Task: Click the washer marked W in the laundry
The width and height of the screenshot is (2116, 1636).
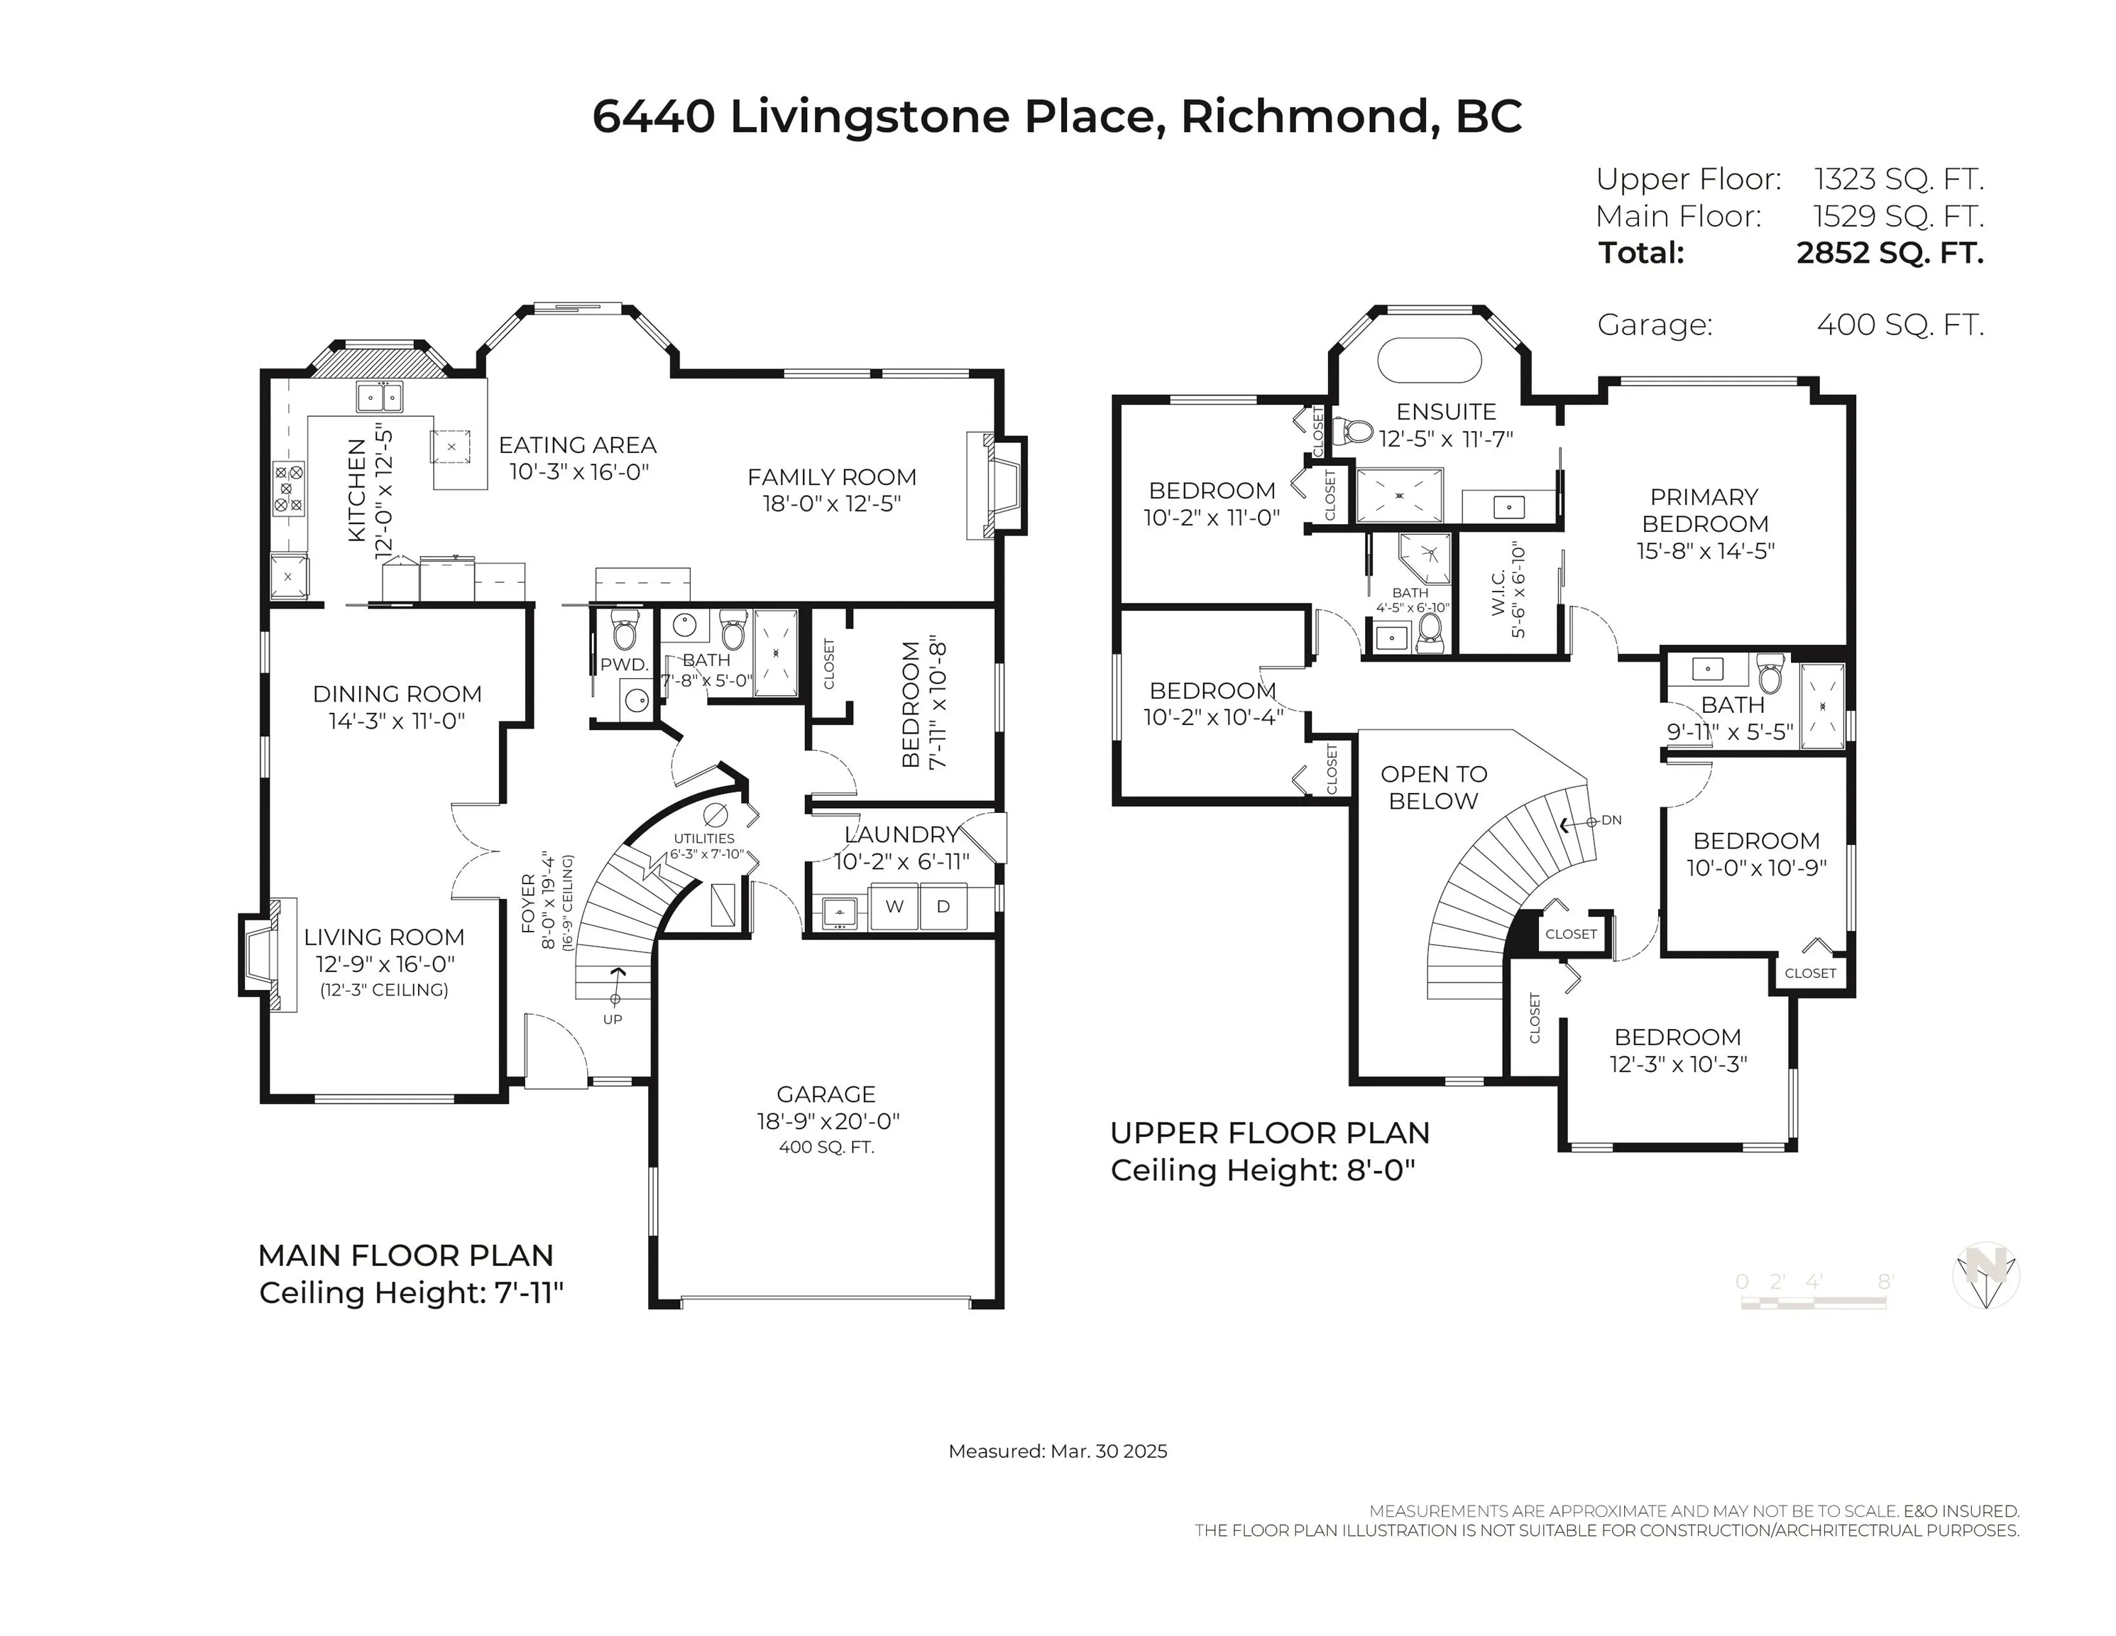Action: point(894,907)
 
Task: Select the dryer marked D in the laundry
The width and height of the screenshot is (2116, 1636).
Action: point(943,907)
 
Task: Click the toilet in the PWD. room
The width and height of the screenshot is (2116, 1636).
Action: point(625,631)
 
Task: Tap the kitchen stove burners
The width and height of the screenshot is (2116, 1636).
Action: point(289,489)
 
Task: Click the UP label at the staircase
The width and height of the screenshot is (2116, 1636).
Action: point(613,1019)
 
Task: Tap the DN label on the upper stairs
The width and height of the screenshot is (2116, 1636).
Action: point(1611,820)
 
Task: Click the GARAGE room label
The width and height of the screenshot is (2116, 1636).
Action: point(826,1094)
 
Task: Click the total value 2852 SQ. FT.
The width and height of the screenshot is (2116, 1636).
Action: point(1890,253)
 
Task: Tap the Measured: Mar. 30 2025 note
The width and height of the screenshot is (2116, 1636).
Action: point(1058,1451)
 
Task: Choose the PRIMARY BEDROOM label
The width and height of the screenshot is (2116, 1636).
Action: point(1705,510)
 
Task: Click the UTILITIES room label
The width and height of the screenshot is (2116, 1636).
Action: point(704,839)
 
